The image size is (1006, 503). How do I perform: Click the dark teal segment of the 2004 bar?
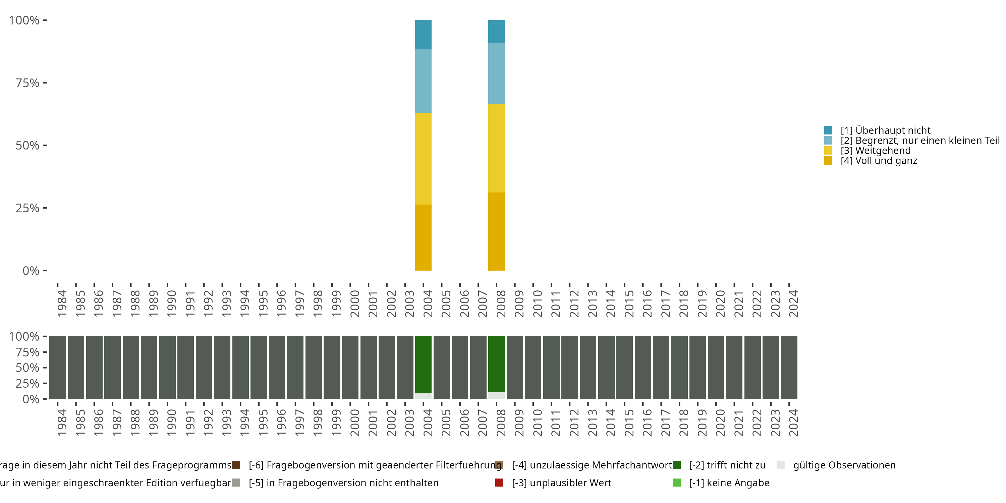point(423,34)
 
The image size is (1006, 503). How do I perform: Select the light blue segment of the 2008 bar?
point(496,73)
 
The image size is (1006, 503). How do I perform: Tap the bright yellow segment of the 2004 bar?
point(423,159)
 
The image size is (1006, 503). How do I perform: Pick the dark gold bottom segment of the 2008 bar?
point(496,231)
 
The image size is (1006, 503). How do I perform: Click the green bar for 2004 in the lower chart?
point(423,365)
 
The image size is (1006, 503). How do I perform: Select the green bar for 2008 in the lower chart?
point(496,364)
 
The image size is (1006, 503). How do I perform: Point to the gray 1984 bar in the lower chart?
point(57,368)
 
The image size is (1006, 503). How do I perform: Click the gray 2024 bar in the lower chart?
point(789,368)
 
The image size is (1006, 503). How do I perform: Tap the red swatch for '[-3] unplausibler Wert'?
point(499,483)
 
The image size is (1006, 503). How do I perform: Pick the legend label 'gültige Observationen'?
point(844,465)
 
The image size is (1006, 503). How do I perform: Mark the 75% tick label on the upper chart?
point(27,83)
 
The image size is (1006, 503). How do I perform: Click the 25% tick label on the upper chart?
point(27,208)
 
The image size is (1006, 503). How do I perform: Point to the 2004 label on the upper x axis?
point(428,303)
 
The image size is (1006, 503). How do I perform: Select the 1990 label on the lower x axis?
point(171,423)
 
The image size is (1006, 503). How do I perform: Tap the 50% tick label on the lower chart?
point(27,368)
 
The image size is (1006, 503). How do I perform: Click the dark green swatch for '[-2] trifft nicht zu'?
point(677,465)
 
